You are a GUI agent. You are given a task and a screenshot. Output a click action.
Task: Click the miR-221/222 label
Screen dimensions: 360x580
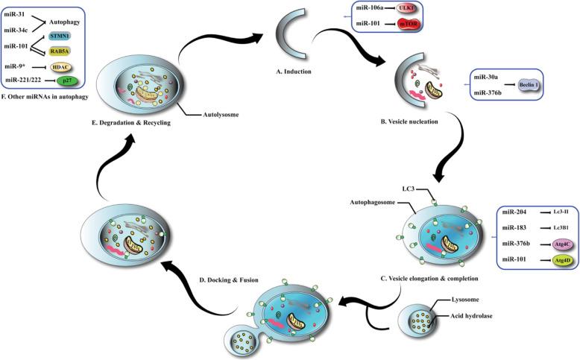coord(25,79)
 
